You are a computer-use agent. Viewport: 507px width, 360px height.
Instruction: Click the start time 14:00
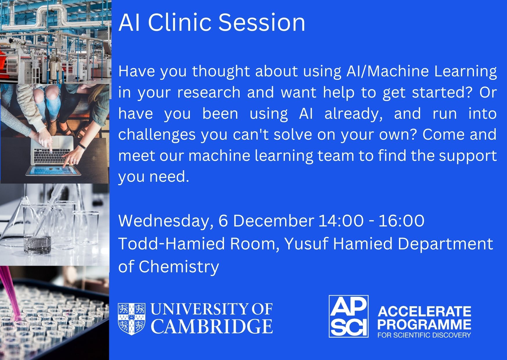[341, 221]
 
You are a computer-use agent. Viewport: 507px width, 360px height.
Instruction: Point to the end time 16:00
[401, 221]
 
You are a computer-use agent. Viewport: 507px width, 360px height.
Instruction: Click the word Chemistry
[179, 267]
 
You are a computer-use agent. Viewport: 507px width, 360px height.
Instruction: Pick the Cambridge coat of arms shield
[131, 318]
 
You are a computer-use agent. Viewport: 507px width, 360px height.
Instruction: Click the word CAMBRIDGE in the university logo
[212, 326]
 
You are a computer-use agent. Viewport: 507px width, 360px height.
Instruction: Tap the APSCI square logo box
[349, 316]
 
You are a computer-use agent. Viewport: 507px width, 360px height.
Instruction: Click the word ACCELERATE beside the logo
[424, 312]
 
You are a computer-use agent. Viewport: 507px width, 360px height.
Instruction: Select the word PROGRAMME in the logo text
[424, 324]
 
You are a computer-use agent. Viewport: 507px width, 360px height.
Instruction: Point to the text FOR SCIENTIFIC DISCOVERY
[424, 335]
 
